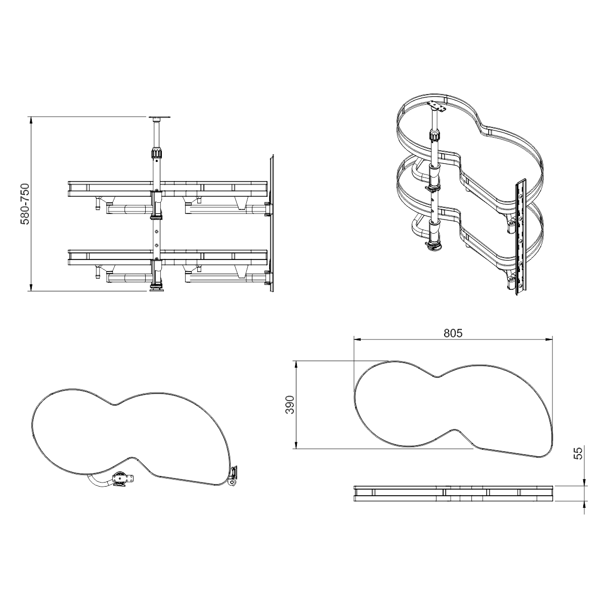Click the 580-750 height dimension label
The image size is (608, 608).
click(25, 204)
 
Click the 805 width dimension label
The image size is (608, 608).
click(453, 333)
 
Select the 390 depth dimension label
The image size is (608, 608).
click(290, 405)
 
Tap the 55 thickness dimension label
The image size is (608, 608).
click(579, 454)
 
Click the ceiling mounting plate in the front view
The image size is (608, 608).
click(160, 118)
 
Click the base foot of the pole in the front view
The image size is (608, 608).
click(157, 288)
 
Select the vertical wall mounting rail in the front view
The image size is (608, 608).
click(271, 223)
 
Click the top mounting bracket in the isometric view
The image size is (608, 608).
click(437, 107)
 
